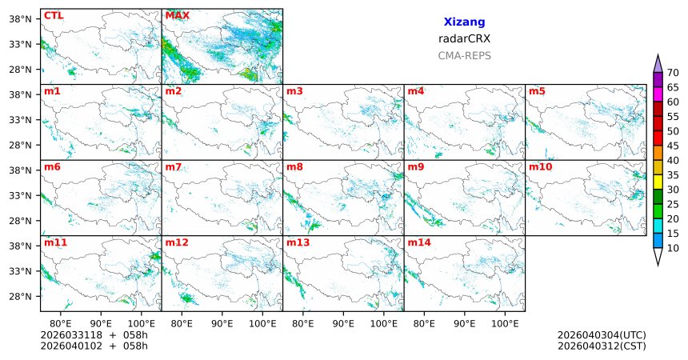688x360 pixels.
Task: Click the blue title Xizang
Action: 464,22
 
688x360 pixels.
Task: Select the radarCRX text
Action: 464,38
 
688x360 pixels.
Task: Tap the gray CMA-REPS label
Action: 464,56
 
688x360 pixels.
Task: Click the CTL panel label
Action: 54,15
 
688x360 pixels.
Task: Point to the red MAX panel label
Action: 177,15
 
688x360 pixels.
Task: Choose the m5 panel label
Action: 537,91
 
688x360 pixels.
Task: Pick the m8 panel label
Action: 294,166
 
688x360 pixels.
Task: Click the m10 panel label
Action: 540,166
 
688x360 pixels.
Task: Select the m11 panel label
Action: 55,242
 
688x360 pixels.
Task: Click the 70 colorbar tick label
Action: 673,73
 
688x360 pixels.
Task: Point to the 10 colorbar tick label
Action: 673,248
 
